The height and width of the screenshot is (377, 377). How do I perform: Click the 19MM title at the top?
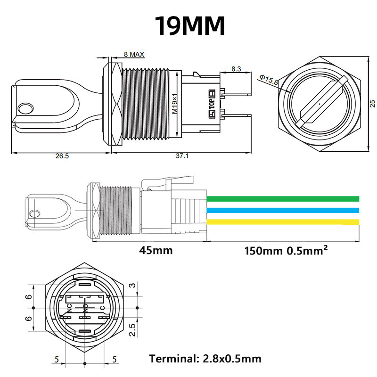(x=190, y=26)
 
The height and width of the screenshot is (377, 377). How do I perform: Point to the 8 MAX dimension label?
(x=133, y=54)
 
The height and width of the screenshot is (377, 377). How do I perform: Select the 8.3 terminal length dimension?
(x=236, y=69)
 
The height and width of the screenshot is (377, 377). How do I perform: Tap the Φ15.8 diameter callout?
(x=269, y=80)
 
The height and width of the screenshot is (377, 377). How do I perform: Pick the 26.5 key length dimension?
(x=61, y=156)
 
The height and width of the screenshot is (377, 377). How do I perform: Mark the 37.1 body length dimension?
(x=181, y=156)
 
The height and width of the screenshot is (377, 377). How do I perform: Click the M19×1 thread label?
(x=174, y=105)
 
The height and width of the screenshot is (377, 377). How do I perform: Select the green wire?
(x=283, y=198)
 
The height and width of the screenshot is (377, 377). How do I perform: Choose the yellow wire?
(x=283, y=222)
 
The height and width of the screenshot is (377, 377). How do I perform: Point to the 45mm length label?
(x=156, y=250)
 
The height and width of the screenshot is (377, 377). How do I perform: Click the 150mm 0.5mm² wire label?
(x=286, y=250)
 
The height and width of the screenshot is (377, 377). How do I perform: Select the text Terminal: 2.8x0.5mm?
(x=205, y=359)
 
